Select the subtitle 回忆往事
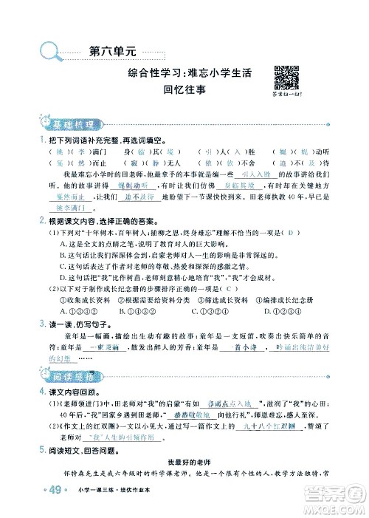(x=184, y=89)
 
